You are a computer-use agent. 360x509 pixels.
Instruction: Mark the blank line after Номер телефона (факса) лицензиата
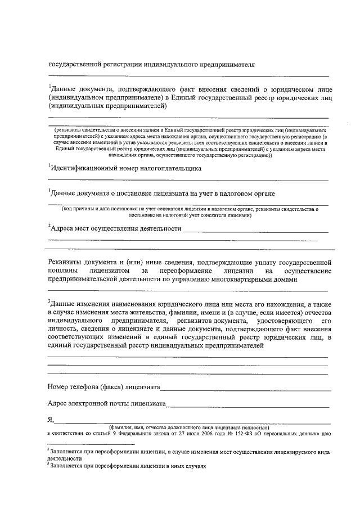pos(245,389)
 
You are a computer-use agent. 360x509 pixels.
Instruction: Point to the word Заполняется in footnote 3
pos(66,466)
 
